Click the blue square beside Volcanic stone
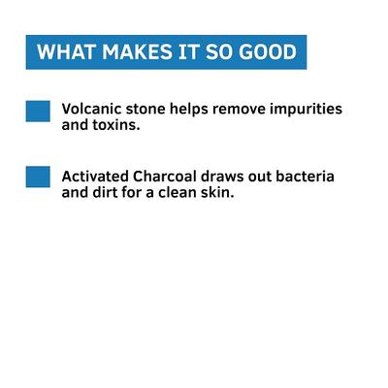pos(38,111)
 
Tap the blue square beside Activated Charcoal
pos(38,177)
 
